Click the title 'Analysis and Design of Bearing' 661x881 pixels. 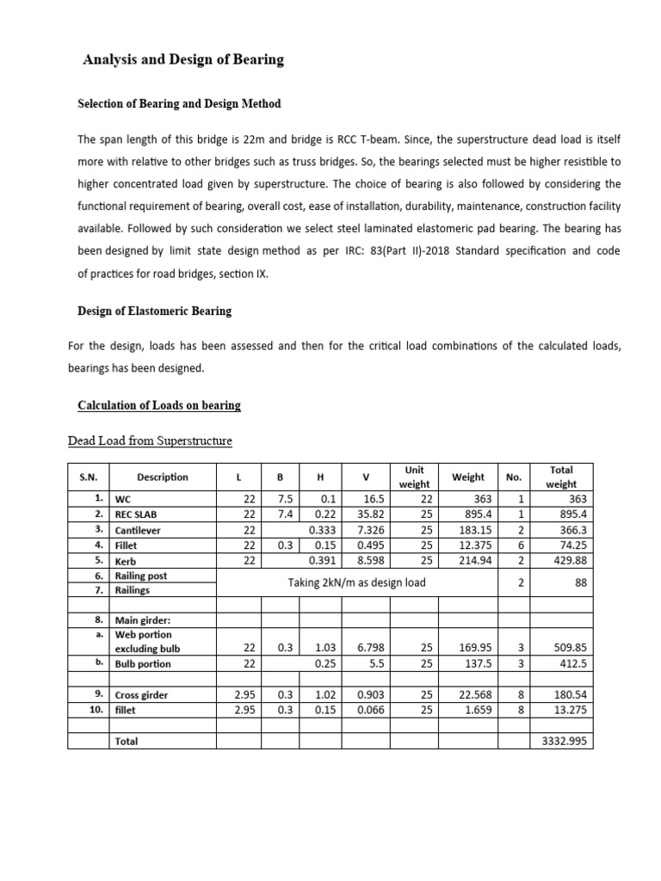(x=182, y=60)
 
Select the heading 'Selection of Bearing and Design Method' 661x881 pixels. (x=179, y=104)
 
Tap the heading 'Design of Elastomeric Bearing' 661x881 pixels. (x=154, y=311)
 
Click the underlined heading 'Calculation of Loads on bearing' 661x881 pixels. (x=159, y=405)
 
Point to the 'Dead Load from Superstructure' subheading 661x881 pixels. (x=150, y=441)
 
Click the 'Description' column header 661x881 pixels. (x=162, y=477)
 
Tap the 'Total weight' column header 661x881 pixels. (x=560, y=477)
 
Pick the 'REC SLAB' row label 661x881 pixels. (x=134, y=514)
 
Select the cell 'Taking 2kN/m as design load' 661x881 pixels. (x=356, y=583)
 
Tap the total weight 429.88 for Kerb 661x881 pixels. (x=568, y=561)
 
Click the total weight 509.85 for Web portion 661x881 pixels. (x=568, y=648)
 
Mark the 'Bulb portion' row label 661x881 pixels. (x=142, y=663)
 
